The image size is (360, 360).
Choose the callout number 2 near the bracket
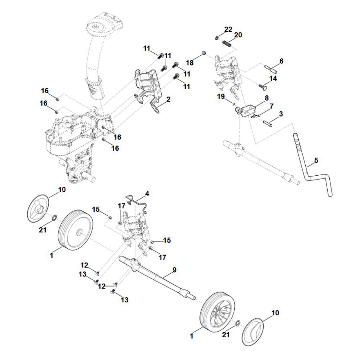tap(168, 98)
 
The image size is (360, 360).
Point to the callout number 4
tap(147, 194)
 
